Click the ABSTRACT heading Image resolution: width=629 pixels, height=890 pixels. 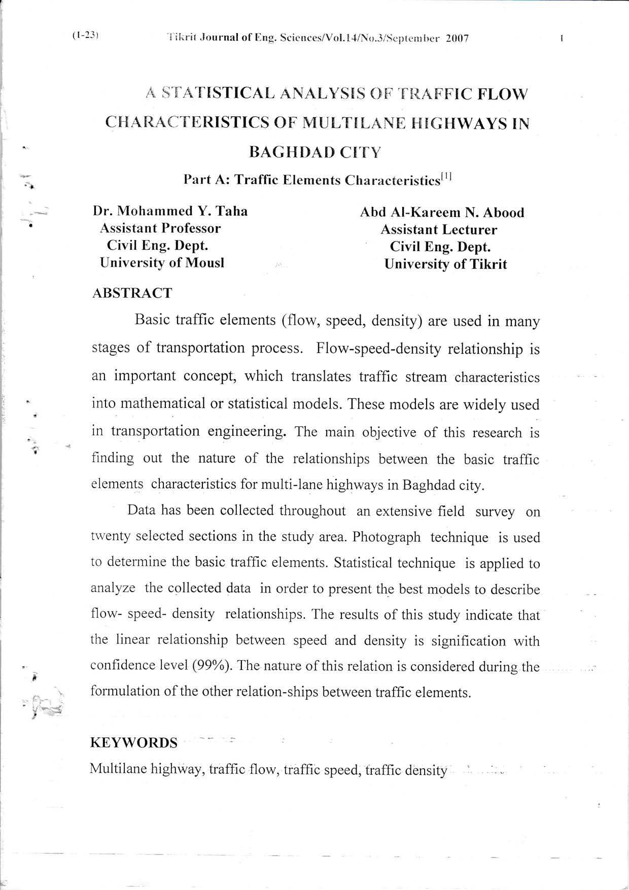tap(132, 293)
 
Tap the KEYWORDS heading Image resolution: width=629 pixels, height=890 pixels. tap(133, 743)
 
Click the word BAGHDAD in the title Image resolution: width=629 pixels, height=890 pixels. tap(293, 152)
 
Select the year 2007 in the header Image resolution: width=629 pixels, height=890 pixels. tap(456, 38)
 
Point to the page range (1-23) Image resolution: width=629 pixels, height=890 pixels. tap(85, 36)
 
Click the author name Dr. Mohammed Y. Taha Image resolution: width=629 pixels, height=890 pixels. tap(170, 211)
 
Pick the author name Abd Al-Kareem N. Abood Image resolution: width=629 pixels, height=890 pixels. tap(442, 212)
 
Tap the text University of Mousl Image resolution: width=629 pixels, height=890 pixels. tap(162, 262)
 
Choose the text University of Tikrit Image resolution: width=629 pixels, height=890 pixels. tap(445, 264)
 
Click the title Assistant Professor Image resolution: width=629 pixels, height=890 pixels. tap(160, 228)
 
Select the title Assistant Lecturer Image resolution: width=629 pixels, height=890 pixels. tap(439, 229)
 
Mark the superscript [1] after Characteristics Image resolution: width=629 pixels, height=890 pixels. tap(446, 177)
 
